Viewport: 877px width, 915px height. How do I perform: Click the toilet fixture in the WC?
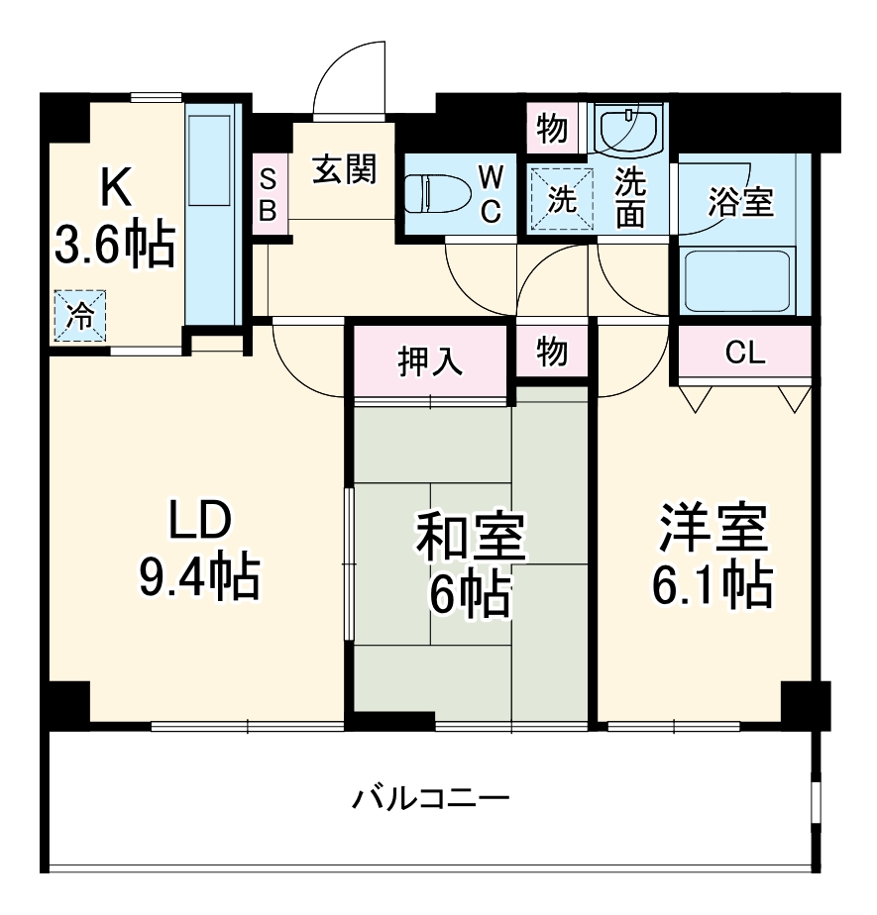[x=436, y=193]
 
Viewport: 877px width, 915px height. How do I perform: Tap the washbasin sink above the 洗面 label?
[x=628, y=131]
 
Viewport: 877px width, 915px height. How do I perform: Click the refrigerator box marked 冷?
[x=78, y=314]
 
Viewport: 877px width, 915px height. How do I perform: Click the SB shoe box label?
[x=268, y=195]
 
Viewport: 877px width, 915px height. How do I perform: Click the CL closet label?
[x=746, y=353]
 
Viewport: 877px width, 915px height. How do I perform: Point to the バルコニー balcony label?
[x=431, y=796]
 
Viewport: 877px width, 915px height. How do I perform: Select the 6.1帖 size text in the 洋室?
[x=712, y=586]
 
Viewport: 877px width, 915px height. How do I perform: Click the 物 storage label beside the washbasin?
[x=552, y=129]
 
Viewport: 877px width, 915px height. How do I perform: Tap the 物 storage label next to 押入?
[x=552, y=351]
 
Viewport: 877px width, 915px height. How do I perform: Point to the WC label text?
[x=492, y=194]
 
